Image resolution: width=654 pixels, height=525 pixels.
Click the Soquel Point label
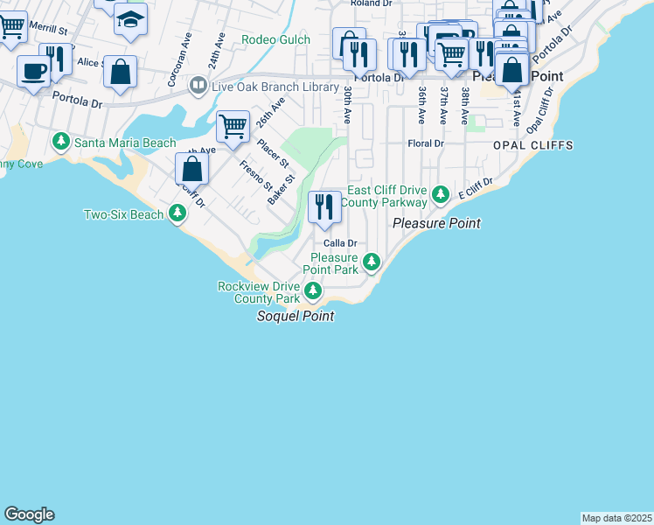(295, 316)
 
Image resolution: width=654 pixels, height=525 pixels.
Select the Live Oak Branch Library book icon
(198, 86)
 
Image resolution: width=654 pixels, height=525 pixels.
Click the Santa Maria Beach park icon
(61, 142)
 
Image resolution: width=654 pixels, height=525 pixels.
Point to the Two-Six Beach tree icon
(177, 213)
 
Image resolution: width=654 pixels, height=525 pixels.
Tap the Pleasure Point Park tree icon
(372, 262)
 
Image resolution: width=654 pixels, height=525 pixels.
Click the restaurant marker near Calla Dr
(324, 206)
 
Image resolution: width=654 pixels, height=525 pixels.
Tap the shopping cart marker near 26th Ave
(233, 127)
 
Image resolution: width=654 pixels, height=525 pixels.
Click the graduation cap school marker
(130, 20)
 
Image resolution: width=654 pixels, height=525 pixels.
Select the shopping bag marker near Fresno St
(192, 169)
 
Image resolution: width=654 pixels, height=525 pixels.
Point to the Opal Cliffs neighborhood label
(532, 144)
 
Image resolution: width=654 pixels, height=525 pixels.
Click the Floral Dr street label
(426, 143)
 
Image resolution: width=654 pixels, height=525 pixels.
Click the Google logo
(29, 514)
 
